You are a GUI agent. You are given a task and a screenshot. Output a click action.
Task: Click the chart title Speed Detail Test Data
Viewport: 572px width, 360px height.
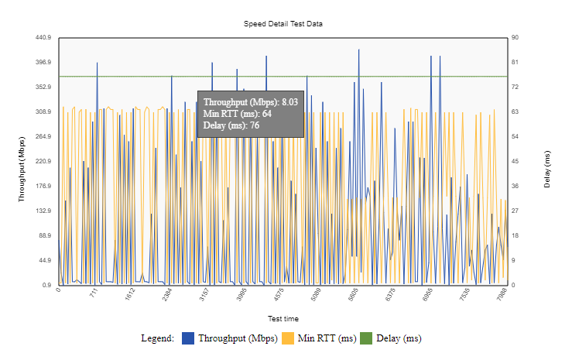[283, 24]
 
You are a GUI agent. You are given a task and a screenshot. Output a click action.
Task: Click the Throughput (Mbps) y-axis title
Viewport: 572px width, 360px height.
[22, 162]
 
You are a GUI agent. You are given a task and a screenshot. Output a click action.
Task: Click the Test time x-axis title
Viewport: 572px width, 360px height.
[283, 318]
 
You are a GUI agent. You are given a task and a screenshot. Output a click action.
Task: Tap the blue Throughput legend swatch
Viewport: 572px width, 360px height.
[187, 338]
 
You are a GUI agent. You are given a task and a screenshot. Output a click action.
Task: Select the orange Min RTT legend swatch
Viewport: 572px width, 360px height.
[287, 338]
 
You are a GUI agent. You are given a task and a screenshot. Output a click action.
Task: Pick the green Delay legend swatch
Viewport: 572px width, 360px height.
[365, 338]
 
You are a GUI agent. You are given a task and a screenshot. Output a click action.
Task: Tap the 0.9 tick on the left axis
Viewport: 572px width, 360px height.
[46, 285]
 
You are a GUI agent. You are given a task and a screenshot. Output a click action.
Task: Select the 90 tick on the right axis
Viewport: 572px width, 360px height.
[515, 37]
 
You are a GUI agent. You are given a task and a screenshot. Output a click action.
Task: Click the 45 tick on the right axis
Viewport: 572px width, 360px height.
[515, 161]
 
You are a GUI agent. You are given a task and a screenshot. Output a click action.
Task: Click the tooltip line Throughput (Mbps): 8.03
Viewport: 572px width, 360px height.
[251, 101]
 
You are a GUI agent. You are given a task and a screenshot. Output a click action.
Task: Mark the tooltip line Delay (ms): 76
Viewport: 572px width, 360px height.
[231, 125]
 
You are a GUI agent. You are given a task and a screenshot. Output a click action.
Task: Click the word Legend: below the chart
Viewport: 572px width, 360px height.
[157, 338]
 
